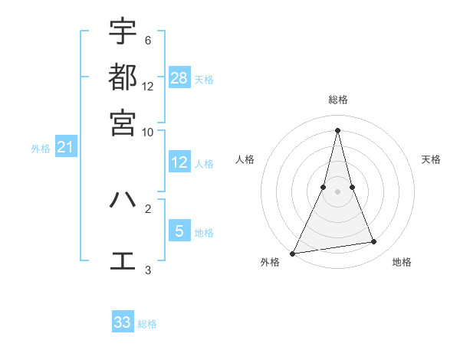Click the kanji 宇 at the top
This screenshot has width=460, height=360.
(x=123, y=31)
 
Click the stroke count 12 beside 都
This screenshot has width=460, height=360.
(x=148, y=86)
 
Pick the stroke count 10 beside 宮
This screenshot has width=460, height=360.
(x=148, y=131)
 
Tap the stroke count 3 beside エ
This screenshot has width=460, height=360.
(x=148, y=270)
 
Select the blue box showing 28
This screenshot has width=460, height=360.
(x=179, y=77)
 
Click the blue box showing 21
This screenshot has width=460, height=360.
(x=64, y=147)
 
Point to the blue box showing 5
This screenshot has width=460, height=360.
(x=179, y=231)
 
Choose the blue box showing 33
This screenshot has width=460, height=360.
(x=123, y=322)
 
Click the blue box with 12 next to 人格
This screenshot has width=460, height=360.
(x=179, y=162)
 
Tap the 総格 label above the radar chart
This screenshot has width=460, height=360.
(x=337, y=100)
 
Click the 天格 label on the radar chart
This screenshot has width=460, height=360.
(x=431, y=159)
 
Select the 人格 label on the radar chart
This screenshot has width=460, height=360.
(x=245, y=159)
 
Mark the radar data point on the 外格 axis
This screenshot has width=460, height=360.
(x=293, y=254)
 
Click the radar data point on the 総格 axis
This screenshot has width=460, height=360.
(x=337, y=129)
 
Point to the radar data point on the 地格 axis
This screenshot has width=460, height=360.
(x=374, y=242)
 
